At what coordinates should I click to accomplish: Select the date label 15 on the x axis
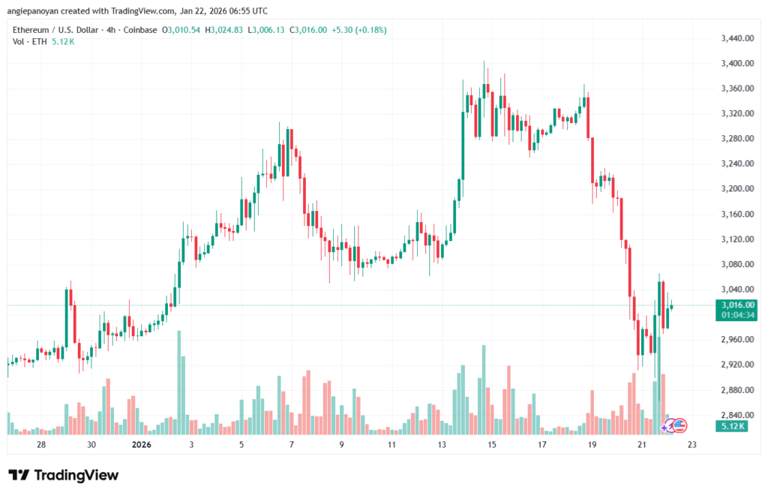491,445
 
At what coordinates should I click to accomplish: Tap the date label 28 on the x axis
41,445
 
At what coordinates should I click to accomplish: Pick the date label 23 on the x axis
691,445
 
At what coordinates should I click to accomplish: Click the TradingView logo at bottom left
63,475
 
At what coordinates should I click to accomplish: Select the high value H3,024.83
226,30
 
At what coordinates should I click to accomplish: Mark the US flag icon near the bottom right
679,425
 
